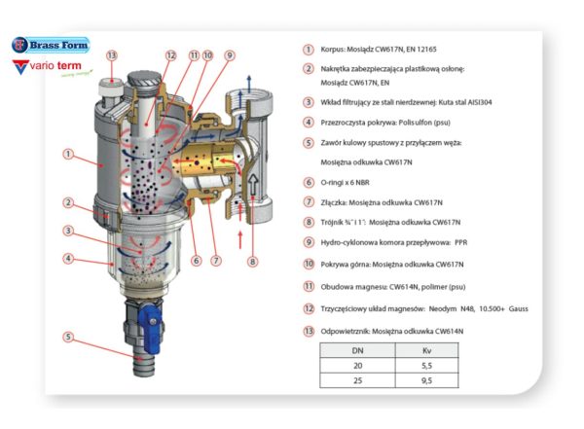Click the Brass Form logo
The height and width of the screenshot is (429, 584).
coord(51,45)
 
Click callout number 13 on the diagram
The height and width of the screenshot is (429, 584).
coord(112,55)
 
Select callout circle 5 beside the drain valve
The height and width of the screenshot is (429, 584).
coord(68,337)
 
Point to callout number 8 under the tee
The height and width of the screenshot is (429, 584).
coord(252,262)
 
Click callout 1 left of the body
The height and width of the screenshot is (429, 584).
coord(68,154)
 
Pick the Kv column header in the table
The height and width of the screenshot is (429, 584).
coord(427,350)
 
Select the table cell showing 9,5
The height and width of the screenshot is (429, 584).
coord(427,380)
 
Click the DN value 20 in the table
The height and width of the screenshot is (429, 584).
coord(357,366)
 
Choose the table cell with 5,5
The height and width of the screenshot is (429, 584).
coord(427,366)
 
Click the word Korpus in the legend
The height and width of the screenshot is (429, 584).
coord(333,50)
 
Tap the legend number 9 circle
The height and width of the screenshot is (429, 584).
coord(309,242)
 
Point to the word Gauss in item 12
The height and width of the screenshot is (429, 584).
coord(519,308)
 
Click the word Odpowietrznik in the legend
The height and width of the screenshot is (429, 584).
coord(345,331)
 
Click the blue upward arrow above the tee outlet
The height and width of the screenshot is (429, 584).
coord(249,83)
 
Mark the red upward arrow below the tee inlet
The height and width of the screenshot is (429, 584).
coord(240,240)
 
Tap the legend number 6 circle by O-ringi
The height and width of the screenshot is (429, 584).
coord(309,182)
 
